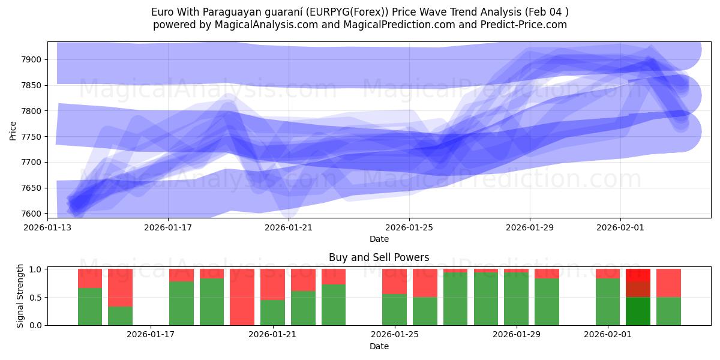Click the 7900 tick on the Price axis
click(x=33, y=59)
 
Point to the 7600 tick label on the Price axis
click(x=33, y=214)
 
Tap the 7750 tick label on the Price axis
click(x=33, y=137)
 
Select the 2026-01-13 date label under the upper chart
click(x=47, y=227)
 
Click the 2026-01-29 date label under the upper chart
click(x=530, y=227)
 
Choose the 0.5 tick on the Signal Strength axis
click(x=35, y=297)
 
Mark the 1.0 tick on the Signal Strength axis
click(x=35, y=269)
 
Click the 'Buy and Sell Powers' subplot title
click(x=379, y=257)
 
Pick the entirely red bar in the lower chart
click(x=242, y=297)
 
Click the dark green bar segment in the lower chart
click(x=638, y=311)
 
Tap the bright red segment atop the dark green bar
click(x=638, y=275)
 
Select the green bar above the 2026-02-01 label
click(x=607, y=302)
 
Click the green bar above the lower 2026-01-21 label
click(x=272, y=312)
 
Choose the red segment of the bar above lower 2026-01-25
click(x=394, y=281)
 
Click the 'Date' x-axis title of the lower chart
click(x=379, y=346)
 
